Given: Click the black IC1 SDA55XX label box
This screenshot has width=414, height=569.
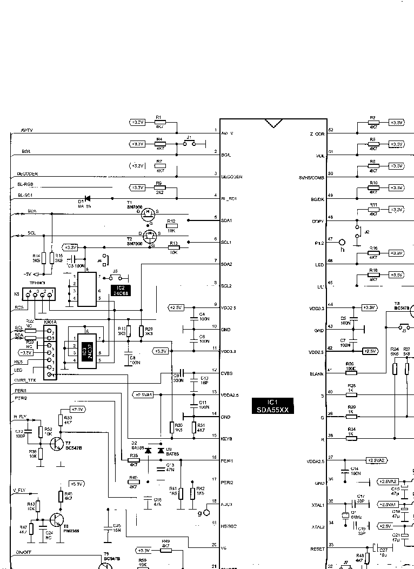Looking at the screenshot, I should pos(273,406).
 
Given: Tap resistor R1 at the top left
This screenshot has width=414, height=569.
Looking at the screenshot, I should pos(159,123).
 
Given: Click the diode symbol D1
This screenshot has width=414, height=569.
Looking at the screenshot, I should pos(87,199).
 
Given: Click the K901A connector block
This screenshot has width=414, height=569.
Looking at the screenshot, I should pos(50,351).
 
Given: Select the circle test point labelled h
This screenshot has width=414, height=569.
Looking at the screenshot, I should pos(342,242).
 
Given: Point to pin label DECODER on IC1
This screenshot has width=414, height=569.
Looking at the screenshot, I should pos(232,177).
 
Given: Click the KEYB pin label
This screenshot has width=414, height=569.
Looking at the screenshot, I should pos(226,439).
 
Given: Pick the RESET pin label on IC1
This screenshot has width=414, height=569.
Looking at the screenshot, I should pos(317,549).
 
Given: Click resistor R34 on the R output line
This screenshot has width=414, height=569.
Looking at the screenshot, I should pos(351,439).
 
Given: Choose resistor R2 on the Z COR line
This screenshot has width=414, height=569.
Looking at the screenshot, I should pos(373,123).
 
